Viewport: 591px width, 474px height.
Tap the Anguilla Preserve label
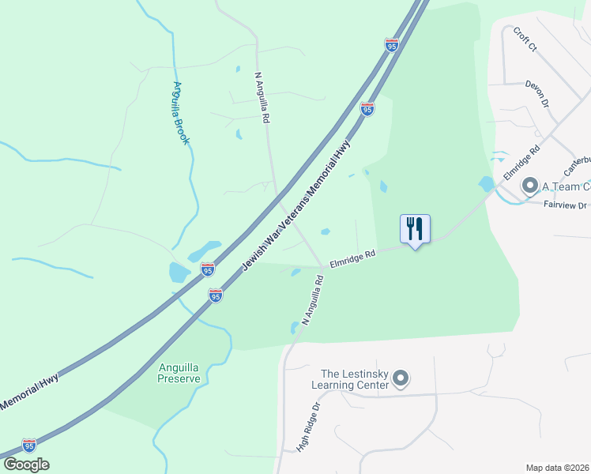pyautogui.click(x=172, y=372)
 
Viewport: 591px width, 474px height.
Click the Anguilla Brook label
pyautogui.click(x=181, y=113)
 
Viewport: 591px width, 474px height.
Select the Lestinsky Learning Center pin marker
pyautogui.click(x=401, y=379)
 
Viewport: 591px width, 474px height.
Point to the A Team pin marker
pyautogui.click(x=529, y=186)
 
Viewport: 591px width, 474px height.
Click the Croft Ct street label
pyautogui.click(x=525, y=39)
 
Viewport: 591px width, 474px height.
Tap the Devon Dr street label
pyautogui.click(x=537, y=92)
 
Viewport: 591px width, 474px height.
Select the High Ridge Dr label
pyautogui.click(x=308, y=427)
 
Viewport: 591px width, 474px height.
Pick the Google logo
pyautogui.click(x=26, y=465)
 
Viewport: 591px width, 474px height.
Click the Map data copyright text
pyautogui.click(x=558, y=468)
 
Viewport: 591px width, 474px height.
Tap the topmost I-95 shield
pyautogui.click(x=392, y=46)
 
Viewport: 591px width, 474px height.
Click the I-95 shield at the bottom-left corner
pyautogui.click(x=29, y=446)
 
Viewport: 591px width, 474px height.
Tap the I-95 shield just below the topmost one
pyautogui.click(x=367, y=109)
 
